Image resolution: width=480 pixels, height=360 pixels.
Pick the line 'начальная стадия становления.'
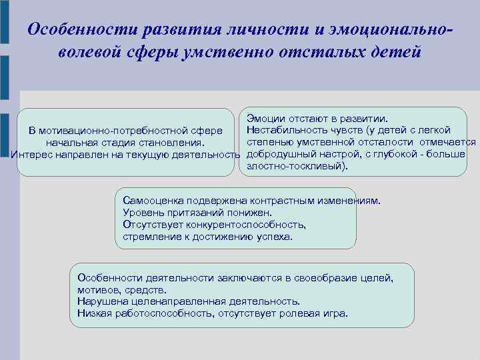tap(125, 142)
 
